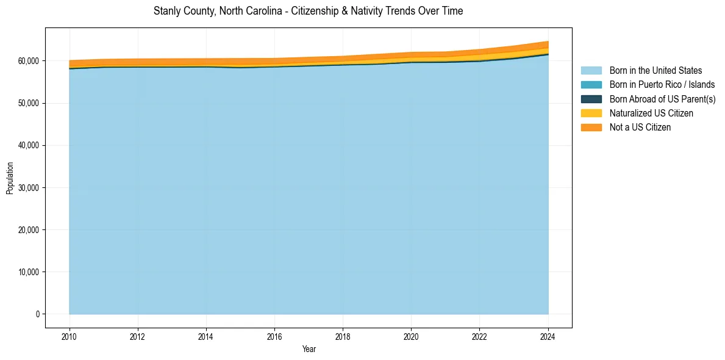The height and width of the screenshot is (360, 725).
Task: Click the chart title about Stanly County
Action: pyautogui.click(x=309, y=11)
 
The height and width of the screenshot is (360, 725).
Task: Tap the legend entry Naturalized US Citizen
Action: pyautogui.click(x=651, y=113)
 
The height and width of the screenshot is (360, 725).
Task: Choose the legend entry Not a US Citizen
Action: pyautogui.click(x=640, y=127)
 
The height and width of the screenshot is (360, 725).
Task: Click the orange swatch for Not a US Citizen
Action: pyautogui.click(x=591, y=127)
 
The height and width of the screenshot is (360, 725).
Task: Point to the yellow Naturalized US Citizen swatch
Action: pyautogui.click(x=591, y=113)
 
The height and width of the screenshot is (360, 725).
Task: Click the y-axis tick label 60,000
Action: pyautogui.click(x=28, y=61)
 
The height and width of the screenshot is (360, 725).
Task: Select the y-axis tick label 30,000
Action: pyautogui.click(x=28, y=187)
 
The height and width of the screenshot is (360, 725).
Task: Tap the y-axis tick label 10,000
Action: pyautogui.click(x=28, y=272)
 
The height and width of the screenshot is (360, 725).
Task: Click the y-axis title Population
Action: pyautogui.click(x=10, y=178)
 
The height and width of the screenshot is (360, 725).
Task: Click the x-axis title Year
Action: pyautogui.click(x=309, y=349)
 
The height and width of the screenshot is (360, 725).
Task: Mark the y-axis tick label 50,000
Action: pyautogui.click(x=28, y=103)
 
